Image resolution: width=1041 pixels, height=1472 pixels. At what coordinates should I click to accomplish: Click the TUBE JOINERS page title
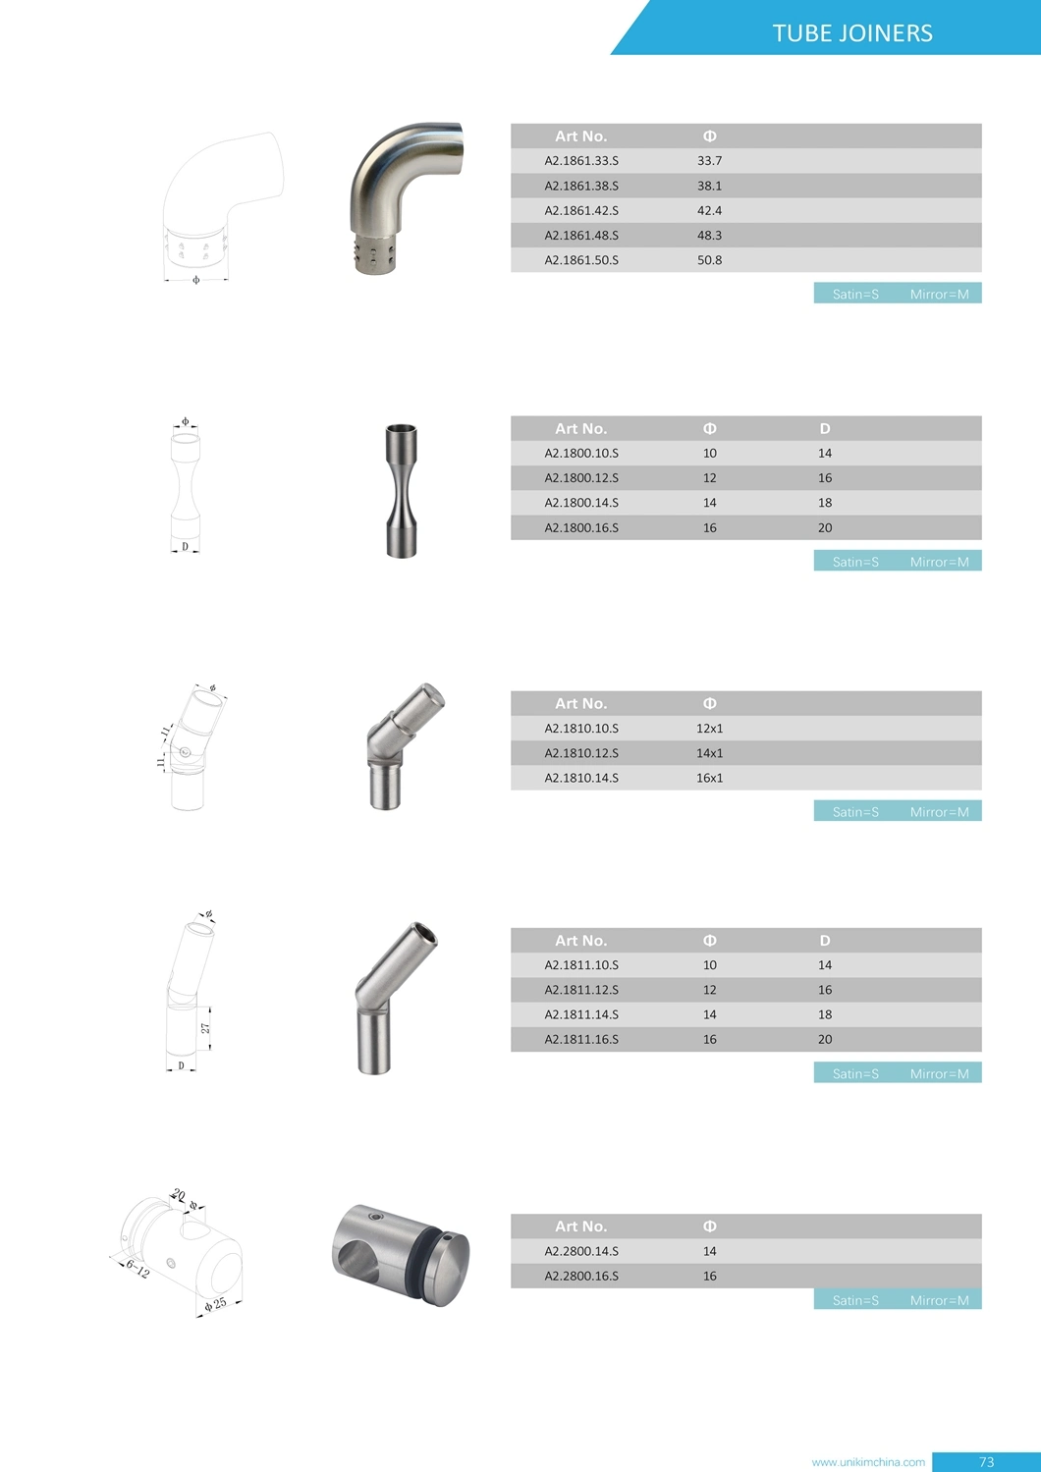(x=852, y=33)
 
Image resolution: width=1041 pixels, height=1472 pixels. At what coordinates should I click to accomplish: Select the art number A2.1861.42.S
(x=581, y=210)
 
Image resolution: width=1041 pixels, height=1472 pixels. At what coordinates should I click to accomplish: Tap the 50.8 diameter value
(x=709, y=260)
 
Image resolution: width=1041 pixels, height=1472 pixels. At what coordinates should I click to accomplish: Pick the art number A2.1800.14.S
(x=581, y=503)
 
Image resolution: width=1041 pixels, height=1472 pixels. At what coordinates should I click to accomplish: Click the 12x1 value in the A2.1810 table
(x=709, y=729)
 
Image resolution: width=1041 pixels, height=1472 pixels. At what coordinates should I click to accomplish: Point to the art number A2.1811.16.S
(x=581, y=1039)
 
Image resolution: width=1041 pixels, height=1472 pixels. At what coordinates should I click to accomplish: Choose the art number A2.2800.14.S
(x=581, y=1251)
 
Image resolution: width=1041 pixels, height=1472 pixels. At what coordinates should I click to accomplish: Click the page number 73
(x=986, y=1462)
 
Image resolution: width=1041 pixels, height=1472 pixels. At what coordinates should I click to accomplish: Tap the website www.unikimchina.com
(x=868, y=1462)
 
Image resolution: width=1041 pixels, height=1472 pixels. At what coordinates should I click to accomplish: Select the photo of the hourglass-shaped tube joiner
(x=401, y=491)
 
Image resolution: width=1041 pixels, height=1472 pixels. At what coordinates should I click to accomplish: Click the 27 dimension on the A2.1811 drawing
(x=205, y=1028)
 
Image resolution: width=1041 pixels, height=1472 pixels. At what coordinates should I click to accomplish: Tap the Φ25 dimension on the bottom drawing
(x=215, y=1304)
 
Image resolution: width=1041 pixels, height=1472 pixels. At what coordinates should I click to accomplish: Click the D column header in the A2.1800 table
(x=825, y=428)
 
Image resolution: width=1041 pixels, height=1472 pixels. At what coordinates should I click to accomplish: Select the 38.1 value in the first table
(x=709, y=186)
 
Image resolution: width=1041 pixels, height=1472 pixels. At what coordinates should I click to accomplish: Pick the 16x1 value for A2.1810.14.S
(x=709, y=778)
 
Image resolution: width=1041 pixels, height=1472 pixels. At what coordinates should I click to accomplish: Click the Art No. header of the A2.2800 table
(x=580, y=1227)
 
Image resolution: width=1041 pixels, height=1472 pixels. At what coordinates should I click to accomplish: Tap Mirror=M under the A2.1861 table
(x=939, y=294)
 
